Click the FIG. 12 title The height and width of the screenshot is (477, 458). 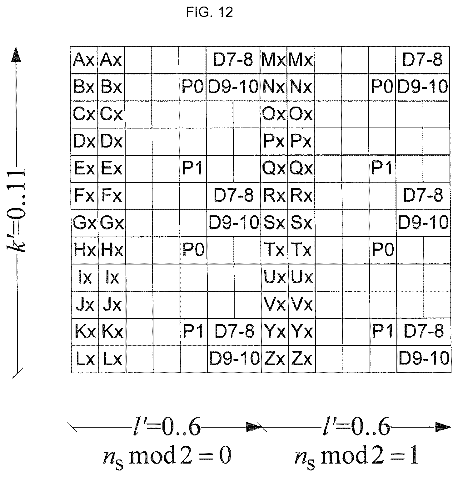209,13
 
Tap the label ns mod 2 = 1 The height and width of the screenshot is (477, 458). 357,456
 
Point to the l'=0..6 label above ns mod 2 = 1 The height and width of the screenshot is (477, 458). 356,427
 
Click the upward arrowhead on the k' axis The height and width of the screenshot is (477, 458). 16,55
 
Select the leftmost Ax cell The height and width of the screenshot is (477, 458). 84,60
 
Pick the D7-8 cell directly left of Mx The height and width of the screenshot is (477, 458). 233,60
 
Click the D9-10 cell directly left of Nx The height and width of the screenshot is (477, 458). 233,87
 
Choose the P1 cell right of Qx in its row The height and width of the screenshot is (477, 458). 382,169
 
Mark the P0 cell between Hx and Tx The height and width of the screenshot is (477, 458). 193,250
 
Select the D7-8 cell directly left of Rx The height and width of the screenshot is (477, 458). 234,196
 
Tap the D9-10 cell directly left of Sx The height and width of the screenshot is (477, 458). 234,223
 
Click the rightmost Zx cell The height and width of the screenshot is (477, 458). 302,359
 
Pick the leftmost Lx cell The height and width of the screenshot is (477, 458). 85,359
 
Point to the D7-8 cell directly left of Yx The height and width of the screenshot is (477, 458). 234,332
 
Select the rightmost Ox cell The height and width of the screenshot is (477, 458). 301,114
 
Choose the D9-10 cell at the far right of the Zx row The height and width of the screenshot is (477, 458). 424,359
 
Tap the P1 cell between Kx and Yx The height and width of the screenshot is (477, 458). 194,332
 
